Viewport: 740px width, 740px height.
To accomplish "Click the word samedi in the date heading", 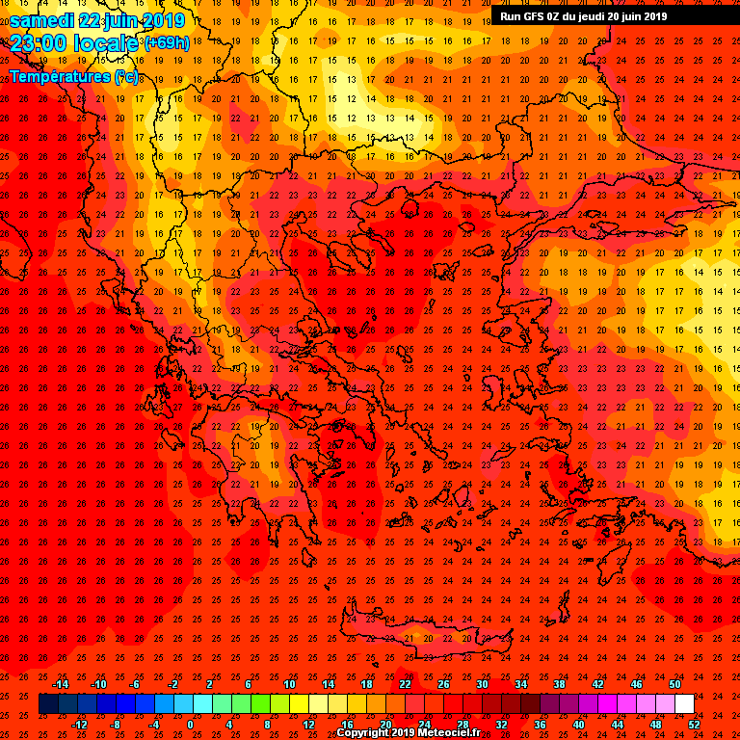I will point(42,20).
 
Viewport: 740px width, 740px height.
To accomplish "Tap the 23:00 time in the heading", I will point(40,43).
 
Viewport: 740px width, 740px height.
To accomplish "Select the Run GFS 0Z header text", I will point(535,16).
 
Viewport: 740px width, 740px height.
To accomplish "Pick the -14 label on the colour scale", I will point(60,684).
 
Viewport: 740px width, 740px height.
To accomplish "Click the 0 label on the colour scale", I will point(190,724).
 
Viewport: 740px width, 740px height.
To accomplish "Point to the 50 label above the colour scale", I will point(675,684).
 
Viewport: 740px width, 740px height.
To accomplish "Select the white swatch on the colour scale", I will point(685,704).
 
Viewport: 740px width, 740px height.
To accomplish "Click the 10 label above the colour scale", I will point(289,684).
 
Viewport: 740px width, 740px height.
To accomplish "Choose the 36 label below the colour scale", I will point(541,724).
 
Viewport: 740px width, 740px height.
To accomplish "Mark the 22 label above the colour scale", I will point(405,684).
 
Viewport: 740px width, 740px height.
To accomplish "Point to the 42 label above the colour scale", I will point(598,684).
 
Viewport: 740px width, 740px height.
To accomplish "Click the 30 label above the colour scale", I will point(483,684).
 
